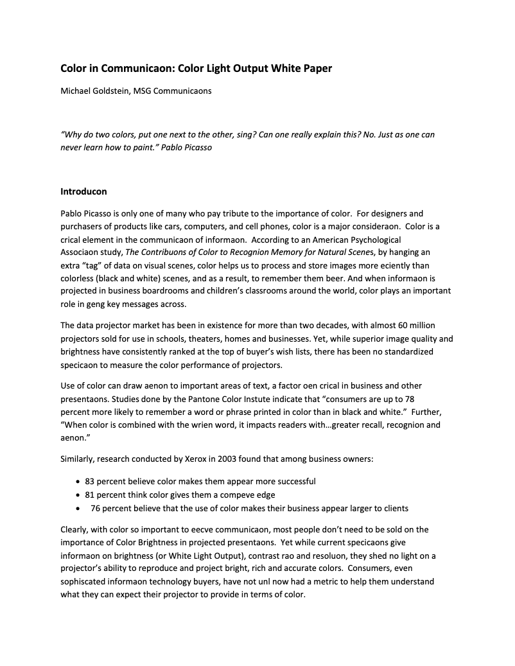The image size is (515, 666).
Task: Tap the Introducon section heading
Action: [x=83, y=191]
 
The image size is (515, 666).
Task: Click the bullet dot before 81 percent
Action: [x=78, y=495]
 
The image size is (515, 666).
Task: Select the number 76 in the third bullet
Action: [x=96, y=509]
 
